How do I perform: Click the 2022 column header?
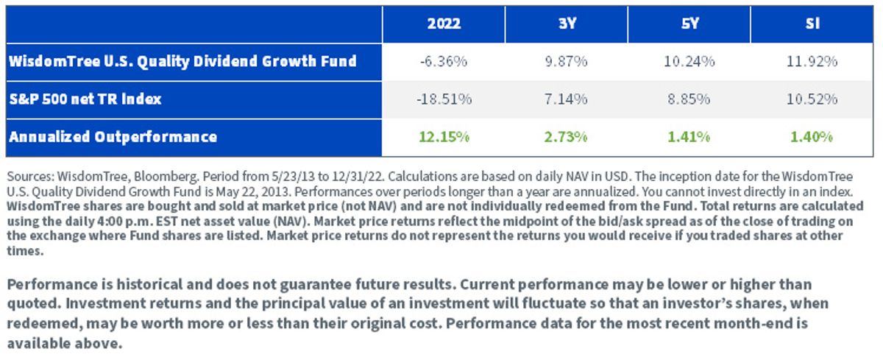[x=444, y=24]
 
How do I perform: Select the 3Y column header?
[x=567, y=24]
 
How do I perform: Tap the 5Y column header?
[x=690, y=24]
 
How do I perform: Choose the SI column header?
[x=813, y=24]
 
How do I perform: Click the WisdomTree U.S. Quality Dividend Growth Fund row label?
[x=182, y=62]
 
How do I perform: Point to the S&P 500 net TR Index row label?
[x=85, y=99]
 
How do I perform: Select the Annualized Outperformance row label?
[x=113, y=137]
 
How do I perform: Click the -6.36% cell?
[x=444, y=62]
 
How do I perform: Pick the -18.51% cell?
[x=444, y=99]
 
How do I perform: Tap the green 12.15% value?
[x=444, y=137]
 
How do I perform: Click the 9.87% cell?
[x=566, y=62]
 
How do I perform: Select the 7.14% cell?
[x=566, y=99]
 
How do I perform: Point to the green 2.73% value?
[x=566, y=137]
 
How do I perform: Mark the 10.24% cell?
[x=689, y=62]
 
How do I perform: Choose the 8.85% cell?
[x=689, y=99]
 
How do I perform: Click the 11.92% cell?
[x=812, y=62]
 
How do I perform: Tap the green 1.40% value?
[x=812, y=137]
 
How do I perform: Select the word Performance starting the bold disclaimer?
[x=52, y=284]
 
